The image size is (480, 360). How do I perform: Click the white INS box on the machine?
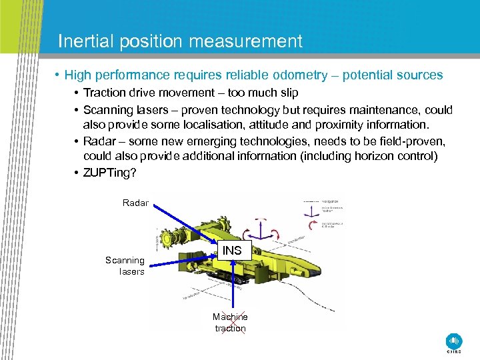(233, 251)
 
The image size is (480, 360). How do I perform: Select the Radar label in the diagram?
(135, 203)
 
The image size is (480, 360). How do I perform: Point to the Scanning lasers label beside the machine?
(125, 266)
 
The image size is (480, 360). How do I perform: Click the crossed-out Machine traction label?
(230, 322)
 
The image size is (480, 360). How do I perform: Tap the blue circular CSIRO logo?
(455, 340)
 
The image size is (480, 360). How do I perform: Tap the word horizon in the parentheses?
(384, 156)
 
